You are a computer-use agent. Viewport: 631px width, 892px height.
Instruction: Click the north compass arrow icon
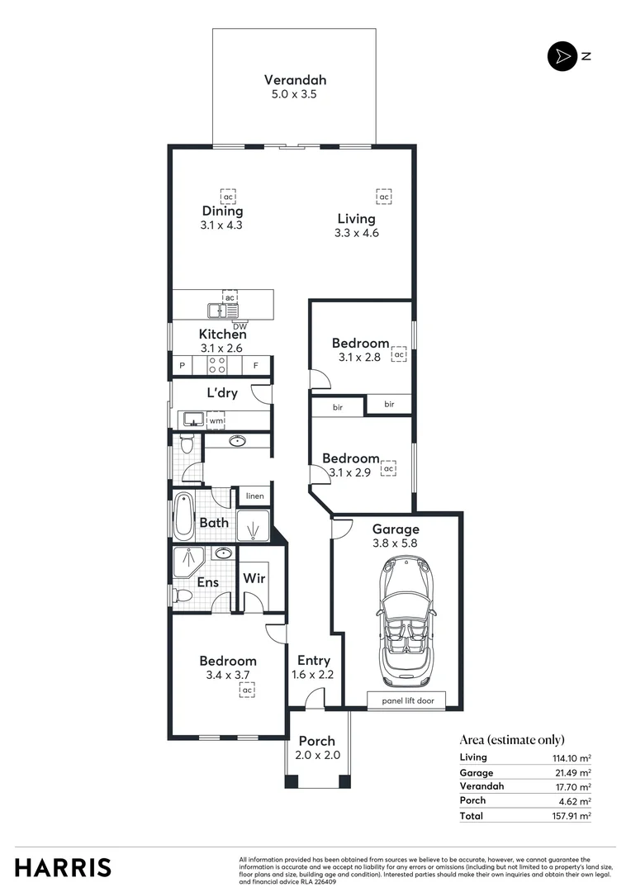pyautogui.click(x=562, y=56)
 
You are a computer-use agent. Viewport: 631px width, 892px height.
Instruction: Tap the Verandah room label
pyautogui.click(x=295, y=80)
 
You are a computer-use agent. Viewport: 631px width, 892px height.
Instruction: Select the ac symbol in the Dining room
pyautogui.click(x=227, y=197)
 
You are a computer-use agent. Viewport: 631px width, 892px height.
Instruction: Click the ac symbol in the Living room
pyautogui.click(x=383, y=197)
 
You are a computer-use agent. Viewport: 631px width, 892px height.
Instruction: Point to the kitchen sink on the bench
pyautogui.click(x=221, y=311)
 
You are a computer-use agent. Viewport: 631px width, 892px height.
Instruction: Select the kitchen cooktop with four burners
pyautogui.click(x=216, y=365)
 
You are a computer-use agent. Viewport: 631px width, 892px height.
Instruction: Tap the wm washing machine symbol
pyautogui.click(x=216, y=421)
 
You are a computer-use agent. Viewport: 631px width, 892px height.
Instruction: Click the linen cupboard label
pyautogui.click(x=254, y=496)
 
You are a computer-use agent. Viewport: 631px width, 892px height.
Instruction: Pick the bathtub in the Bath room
pyautogui.click(x=183, y=517)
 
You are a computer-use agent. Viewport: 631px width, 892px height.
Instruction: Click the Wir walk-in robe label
pyautogui.click(x=254, y=578)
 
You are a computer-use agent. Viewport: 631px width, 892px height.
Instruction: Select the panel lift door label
pyautogui.click(x=406, y=701)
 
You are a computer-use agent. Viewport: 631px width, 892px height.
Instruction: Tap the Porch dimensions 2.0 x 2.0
pyautogui.click(x=317, y=755)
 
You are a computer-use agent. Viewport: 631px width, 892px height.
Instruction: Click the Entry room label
pyautogui.click(x=314, y=660)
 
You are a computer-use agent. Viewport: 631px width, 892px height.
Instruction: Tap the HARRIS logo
pyautogui.click(x=63, y=867)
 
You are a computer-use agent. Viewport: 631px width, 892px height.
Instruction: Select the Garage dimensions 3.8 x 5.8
pyautogui.click(x=396, y=543)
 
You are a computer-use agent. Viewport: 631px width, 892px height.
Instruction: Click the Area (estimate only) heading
pyautogui.click(x=511, y=740)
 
